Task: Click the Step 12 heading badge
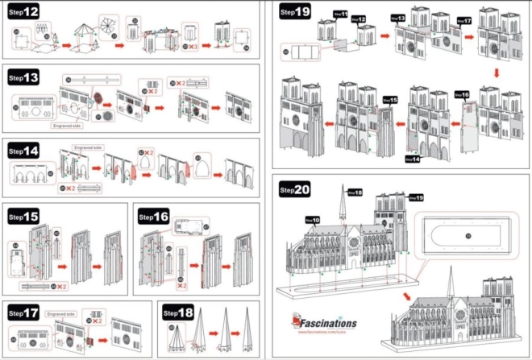[23, 12]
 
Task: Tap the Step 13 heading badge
[23, 77]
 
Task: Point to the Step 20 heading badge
[295, 190]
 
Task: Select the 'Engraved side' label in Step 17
[61, 312]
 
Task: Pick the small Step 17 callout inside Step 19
[463, 19]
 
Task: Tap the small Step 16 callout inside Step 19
[463, 94]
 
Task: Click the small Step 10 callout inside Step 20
[313, 219]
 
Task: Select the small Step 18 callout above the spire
[355, 192]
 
